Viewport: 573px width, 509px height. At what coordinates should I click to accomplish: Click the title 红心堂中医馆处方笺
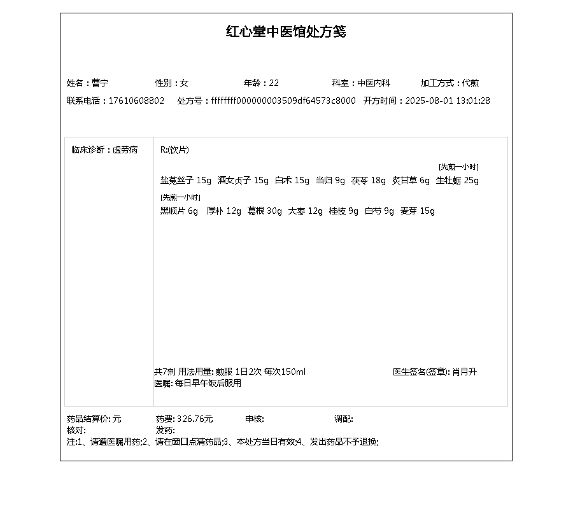tap(286, 32)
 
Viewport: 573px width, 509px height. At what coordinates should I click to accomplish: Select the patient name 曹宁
tap(100, 83)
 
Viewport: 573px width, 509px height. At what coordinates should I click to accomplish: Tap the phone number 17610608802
tap(136, 101)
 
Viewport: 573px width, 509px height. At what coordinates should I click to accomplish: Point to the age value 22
tap(274, 83)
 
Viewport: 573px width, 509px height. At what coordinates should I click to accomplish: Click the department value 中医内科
tap(374, 83)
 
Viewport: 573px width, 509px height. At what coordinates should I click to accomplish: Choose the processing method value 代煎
tap(471, 83)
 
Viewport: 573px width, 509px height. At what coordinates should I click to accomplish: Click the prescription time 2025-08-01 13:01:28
tap(448, 101)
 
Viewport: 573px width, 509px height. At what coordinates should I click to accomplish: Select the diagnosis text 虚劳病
tap(125, 150)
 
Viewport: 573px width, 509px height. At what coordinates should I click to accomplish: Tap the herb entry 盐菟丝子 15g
tap(185, 181)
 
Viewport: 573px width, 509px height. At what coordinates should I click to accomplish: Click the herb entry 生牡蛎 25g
tap(457, 181)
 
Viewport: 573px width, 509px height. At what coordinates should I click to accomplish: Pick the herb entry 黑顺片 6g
tap(179, 211)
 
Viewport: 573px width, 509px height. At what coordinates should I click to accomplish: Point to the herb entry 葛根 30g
tap(264, 211)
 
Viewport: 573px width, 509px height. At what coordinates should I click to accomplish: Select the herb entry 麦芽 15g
tap(417, 211)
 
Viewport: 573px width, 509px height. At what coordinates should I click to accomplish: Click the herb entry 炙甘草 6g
tap(411, 181)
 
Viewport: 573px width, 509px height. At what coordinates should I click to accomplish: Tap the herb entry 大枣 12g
tap(306, 211)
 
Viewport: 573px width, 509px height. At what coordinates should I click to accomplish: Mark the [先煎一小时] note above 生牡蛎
tap(458, 167)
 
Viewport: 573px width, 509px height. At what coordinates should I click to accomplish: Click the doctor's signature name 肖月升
tap(464, 372)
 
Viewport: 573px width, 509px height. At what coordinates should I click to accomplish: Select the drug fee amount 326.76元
tap(195, 419)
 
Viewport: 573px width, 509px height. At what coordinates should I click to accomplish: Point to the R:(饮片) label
tap(174, 150)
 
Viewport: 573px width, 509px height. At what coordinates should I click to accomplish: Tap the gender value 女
tap(185, 83)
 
